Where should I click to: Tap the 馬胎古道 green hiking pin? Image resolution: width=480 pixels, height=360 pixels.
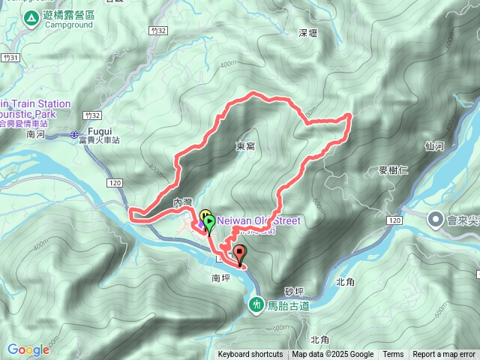pyautogui.click(x=256, y=305)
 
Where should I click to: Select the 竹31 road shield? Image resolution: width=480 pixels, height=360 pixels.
pyautogui.click(x=9, y=58)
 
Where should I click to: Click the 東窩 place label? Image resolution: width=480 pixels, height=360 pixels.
pyautogui.click(x=245, y=145)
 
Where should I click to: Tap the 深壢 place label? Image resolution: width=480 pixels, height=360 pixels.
pyautogui.click(x=308, y=34)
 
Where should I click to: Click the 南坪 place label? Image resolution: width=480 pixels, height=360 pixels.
pyautogui.click(x=221, y=277)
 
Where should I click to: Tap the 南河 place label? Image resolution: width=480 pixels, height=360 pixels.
pyautogui.click(x=36, y=135)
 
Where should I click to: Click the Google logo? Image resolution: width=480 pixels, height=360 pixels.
pyautogui.click(x=28, y=349)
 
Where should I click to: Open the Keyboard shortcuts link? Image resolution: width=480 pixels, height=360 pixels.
pyautogui.click(x=250, y=355)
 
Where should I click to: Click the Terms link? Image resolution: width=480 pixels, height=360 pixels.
pyautogui.click(x=393, y=355)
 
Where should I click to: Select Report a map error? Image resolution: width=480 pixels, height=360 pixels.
pyautogui.click(x=444, y=355)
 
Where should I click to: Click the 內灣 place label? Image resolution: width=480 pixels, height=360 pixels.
pyautogui.click(x=183, y=202)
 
